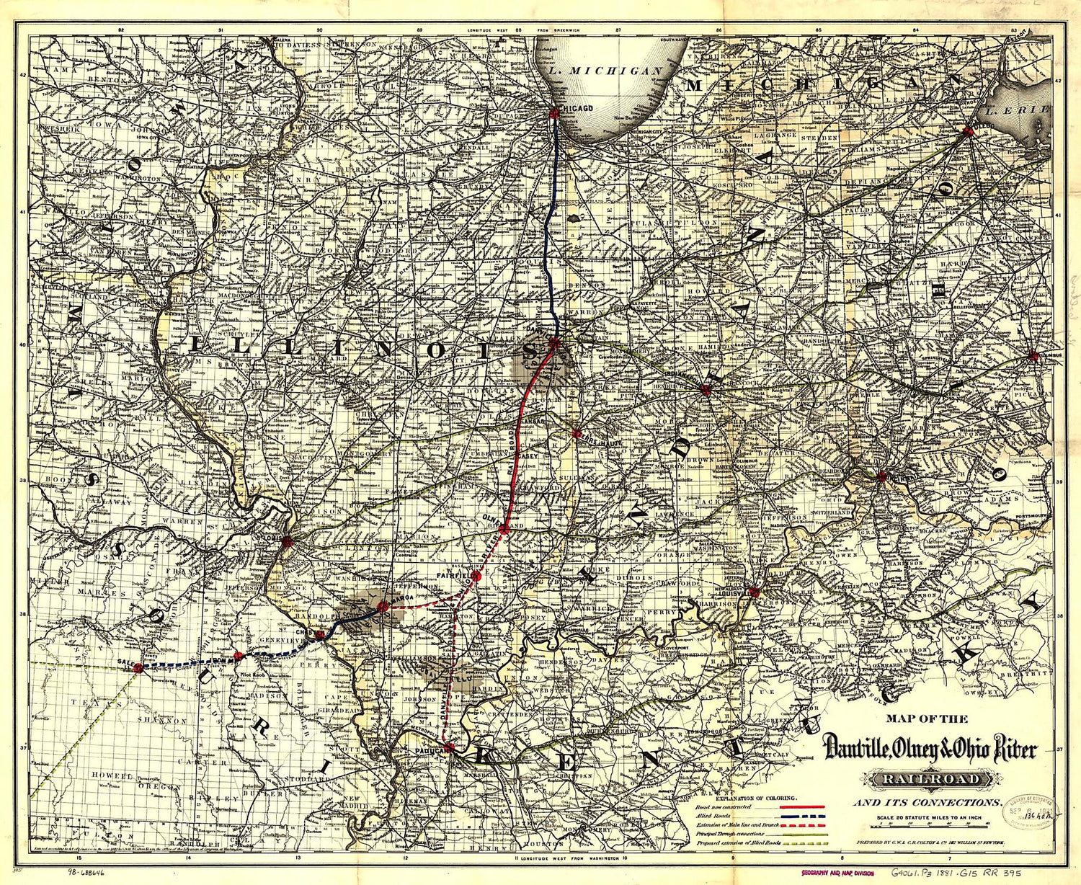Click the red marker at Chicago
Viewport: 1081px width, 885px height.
tap(554, 112)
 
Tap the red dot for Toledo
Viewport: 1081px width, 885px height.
tap(967, 130)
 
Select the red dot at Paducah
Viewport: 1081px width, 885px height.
tap(449, 747)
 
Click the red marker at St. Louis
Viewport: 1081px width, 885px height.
tap(288, 541)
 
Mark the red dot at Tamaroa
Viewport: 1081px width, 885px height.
tap(383, 608)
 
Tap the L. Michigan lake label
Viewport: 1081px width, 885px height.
tap(604, 71)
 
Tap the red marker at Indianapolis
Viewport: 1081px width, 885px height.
tap(706, 390)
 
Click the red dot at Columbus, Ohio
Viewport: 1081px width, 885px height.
tap(1033, 356)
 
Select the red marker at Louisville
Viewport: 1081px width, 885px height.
tap(754, 592)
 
